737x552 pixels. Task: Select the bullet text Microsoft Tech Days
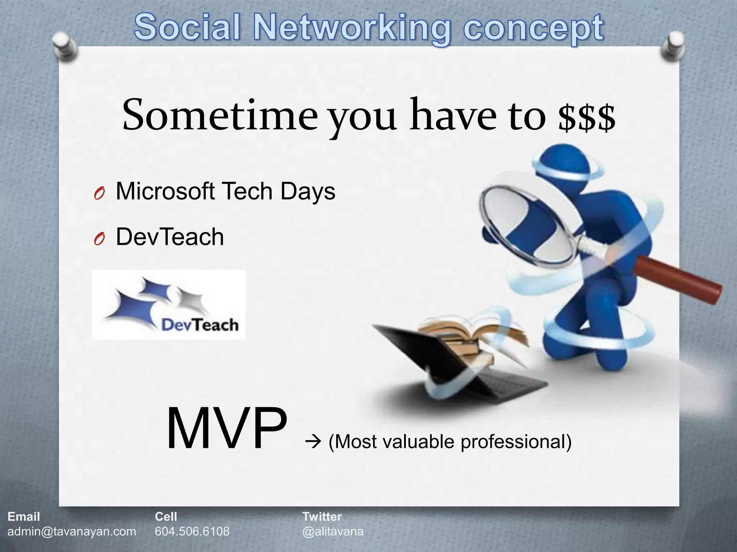(225, 191)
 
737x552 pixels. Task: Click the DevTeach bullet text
(170, 237)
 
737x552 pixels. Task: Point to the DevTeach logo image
(169, 305)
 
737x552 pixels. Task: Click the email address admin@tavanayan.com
(72, 531)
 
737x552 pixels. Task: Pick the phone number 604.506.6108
(192, 531)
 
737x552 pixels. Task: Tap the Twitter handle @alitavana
(333, 531)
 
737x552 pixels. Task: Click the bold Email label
(24, 517)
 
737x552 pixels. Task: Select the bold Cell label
(166, 517)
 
